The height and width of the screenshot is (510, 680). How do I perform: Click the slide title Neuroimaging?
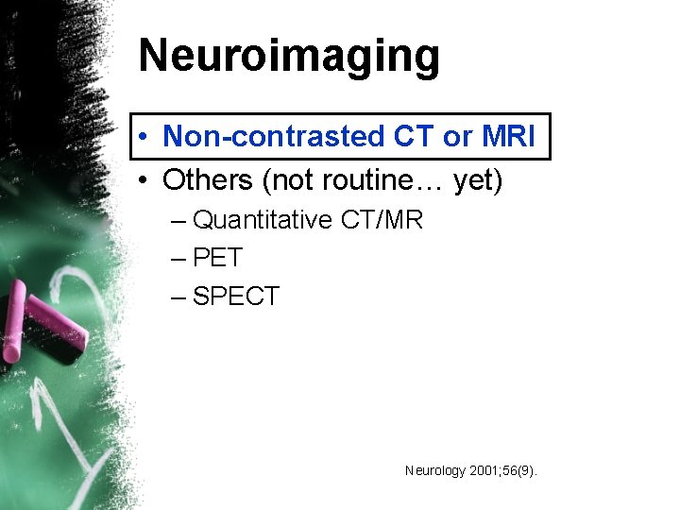click(289, 57)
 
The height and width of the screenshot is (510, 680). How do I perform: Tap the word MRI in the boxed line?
click(507, 137)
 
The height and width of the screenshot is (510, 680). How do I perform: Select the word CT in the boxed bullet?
click(413, 137)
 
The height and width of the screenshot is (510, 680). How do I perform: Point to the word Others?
click(210, 179)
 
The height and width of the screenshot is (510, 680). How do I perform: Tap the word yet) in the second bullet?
click(478, 179)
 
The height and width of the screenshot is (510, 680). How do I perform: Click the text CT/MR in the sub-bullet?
click(382, 221)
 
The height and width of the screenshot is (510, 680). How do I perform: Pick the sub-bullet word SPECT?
click(235, 297)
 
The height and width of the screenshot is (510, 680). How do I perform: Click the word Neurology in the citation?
click(434, 469)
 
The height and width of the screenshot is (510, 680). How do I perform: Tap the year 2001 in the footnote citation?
click(484, 469)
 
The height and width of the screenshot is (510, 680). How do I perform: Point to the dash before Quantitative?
click(179, 222)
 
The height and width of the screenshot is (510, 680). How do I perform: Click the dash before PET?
click(179, 259)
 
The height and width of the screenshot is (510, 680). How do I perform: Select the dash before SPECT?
click(179, 297)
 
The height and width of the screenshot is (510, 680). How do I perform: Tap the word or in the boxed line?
click(457, 137)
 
